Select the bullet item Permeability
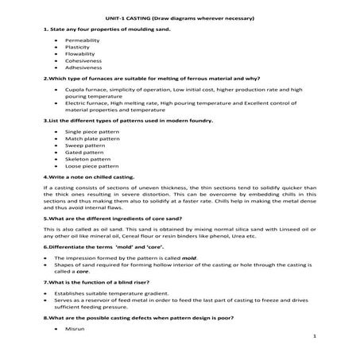[x=83, y=39]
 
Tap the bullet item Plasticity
[x=78, y=47]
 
